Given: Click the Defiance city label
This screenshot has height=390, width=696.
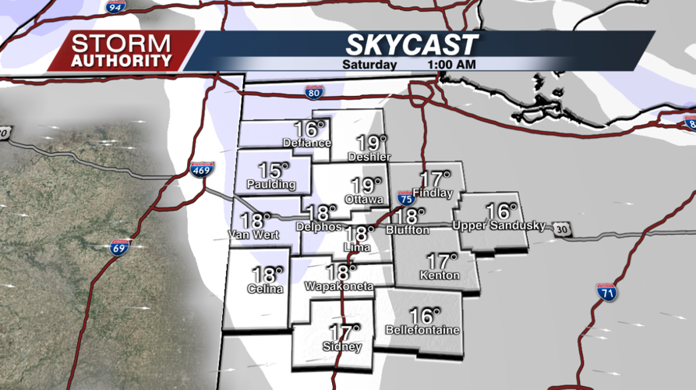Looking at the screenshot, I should point(308,144).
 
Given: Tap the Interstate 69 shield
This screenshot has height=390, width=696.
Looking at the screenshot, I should point(119,248).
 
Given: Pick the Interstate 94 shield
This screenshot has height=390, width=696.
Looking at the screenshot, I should point(116,7).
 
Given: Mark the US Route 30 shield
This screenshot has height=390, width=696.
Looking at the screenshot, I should point(562,229).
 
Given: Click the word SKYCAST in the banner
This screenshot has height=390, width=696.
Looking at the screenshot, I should point(412,45).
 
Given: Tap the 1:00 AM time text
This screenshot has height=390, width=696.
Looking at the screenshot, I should point(452,65).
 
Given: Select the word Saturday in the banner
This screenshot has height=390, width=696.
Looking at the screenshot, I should point(369,65).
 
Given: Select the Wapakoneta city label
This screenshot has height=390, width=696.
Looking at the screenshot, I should point(340,287).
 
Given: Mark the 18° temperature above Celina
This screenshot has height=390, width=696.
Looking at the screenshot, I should point(263,275).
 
